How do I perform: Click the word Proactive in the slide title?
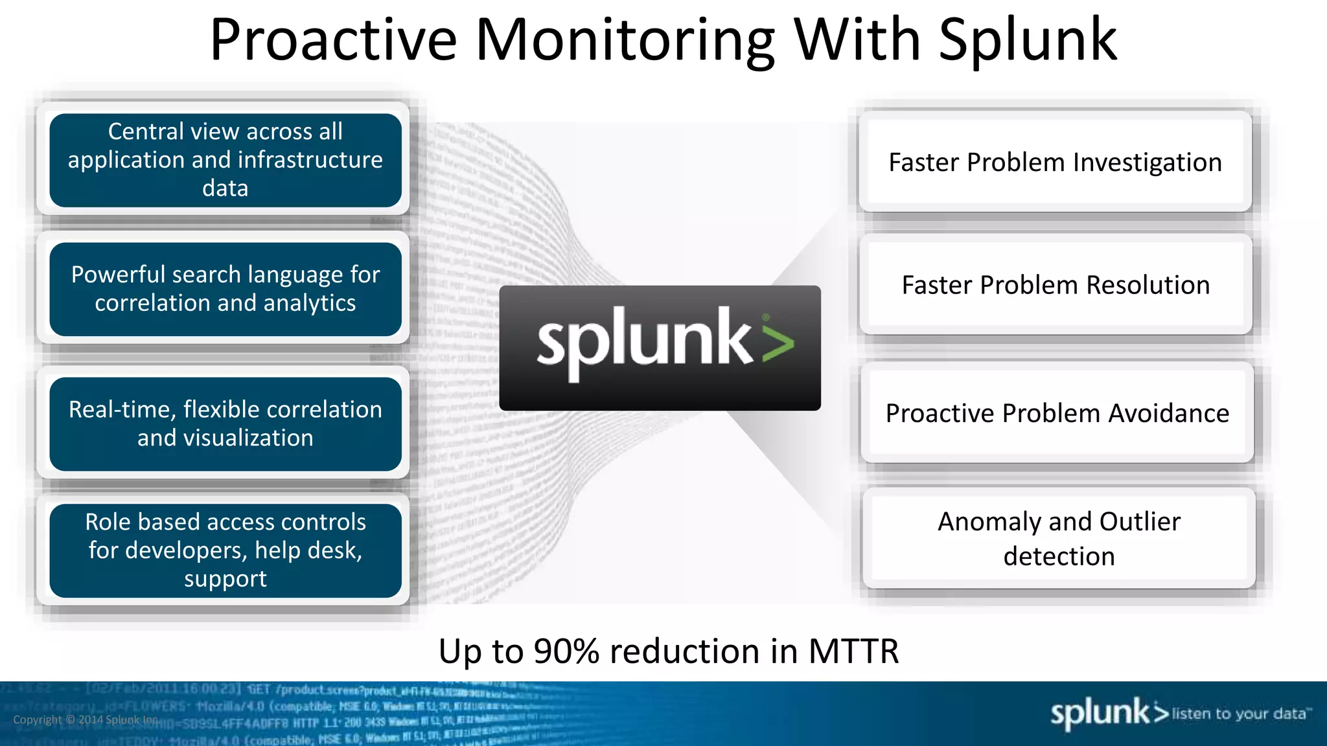point(333,40)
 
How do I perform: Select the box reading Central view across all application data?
point(225,160)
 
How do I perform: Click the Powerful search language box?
point(225,289)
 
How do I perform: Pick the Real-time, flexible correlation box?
point(225,424)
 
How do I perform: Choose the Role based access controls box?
point(225,550)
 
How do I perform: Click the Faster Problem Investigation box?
point(1055,162)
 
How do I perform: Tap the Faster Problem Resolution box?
point(1056,285)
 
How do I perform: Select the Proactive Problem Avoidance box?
point(1057,413)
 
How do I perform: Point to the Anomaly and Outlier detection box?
point(1059,538)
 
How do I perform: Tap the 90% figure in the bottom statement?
point(566,651)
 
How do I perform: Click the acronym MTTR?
point(853,651)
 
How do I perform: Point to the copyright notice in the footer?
point(86,720)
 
